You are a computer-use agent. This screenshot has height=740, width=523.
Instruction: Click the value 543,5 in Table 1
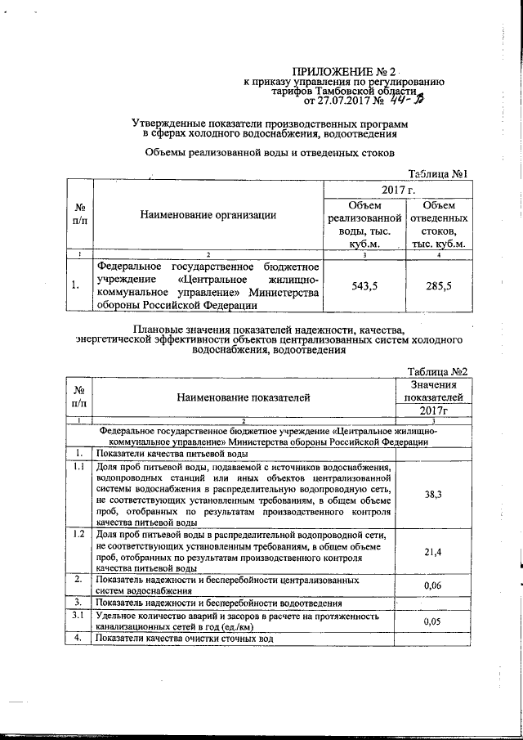(365, 285)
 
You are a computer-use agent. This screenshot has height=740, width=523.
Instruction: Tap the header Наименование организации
(207, 215)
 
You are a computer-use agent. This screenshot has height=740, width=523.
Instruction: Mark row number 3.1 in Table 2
(78, 614)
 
